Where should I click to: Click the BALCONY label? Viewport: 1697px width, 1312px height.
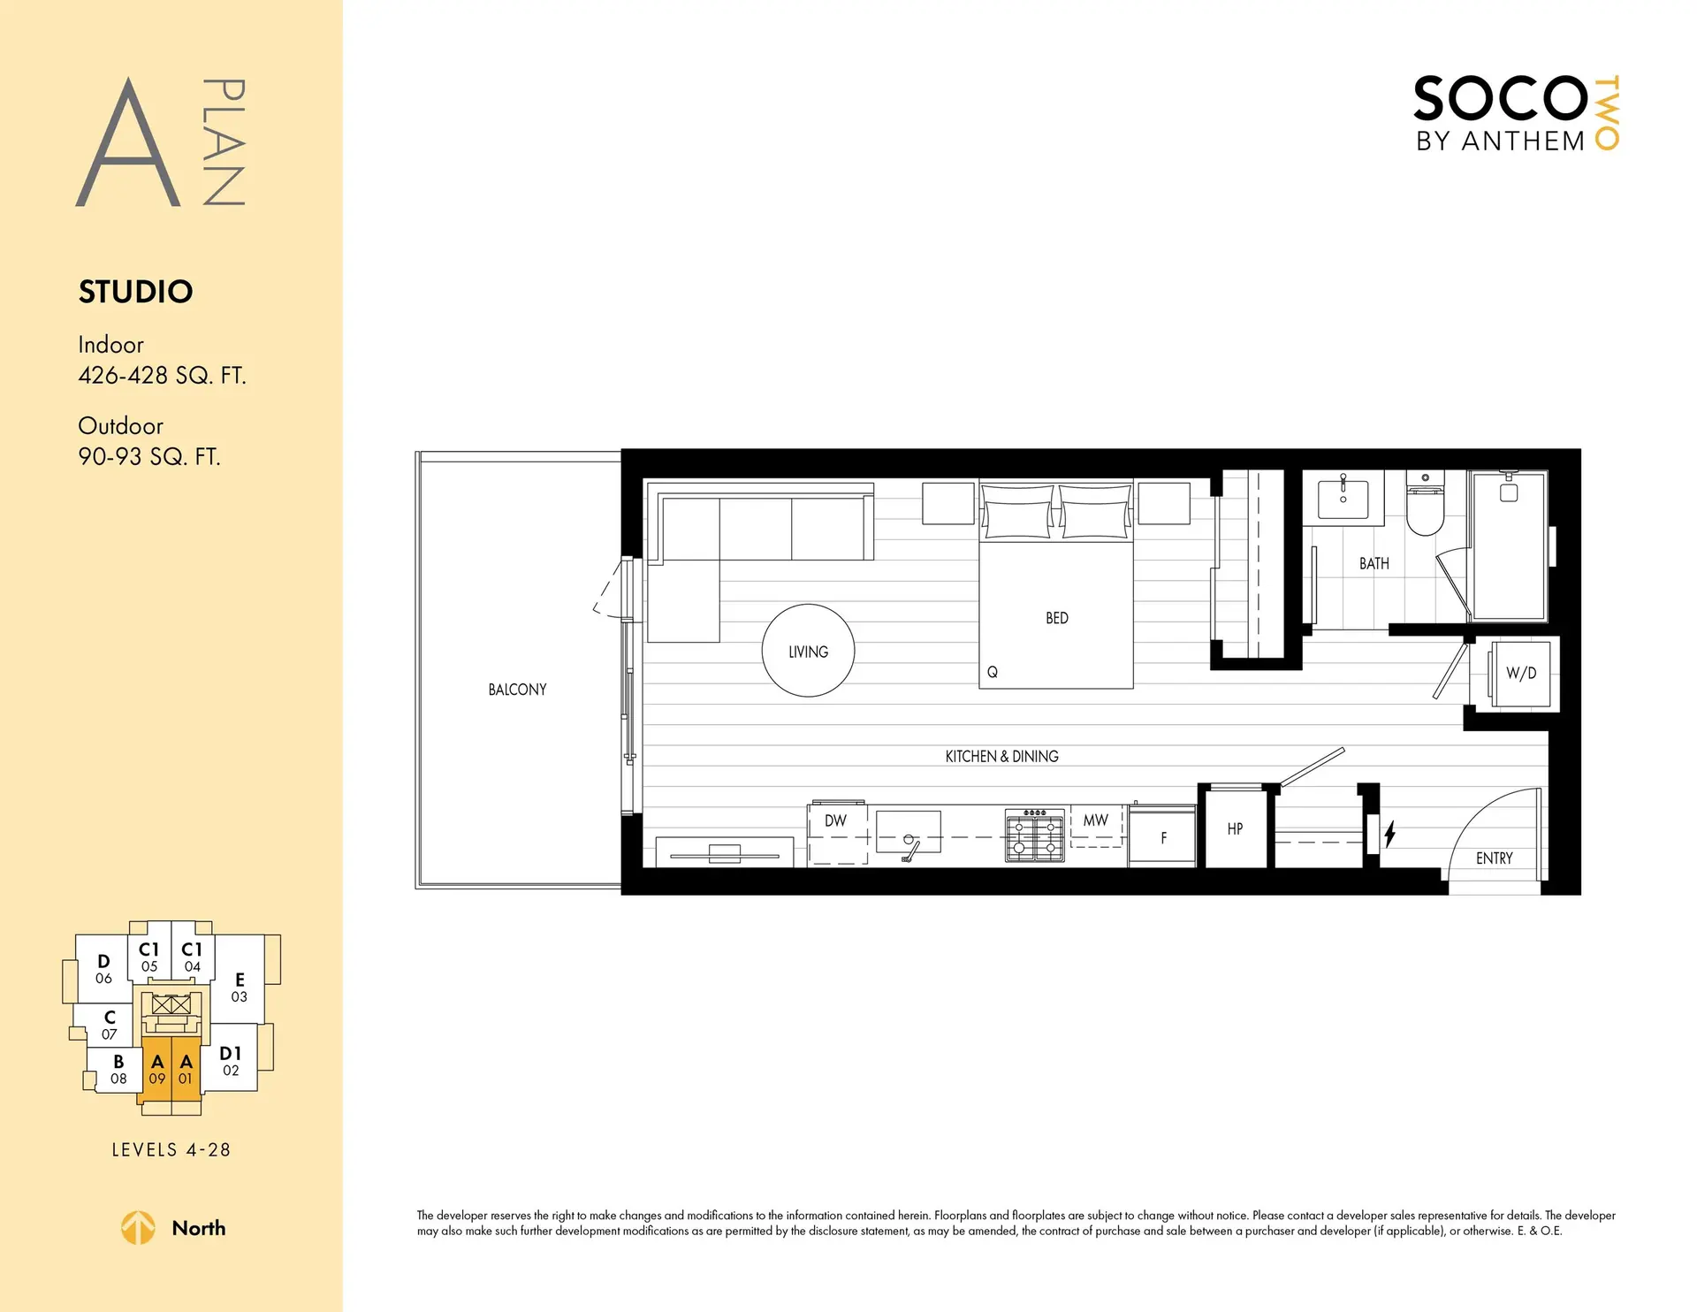[x=517, y=690]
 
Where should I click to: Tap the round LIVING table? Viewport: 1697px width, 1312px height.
[x=808, y=651]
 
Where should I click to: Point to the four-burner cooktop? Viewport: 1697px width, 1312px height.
[x=1034, y=835]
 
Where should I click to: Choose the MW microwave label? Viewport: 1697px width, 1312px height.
[x=1095, y=821]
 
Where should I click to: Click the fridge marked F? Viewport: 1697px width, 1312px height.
[x=1162, y=837]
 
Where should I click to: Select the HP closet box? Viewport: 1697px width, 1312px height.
[x=1235, y=829]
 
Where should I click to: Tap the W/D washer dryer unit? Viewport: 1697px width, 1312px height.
[x=1521, y=674]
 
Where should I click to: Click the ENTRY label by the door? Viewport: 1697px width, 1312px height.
[x=1494, y=858]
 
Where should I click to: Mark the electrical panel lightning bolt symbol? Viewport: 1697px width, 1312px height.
[x=1389, y=834]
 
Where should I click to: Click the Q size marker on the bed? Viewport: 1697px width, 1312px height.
[x=992, y=673]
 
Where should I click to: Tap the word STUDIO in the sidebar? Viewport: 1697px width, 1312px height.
[x=135, y=292]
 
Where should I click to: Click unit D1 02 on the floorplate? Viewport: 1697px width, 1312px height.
[x=231, y=1061]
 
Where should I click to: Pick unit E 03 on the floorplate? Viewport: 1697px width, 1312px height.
[x=240, y=987]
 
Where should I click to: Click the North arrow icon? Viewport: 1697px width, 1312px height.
[x=138, y=1228]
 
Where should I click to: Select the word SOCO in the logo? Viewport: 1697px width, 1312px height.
[x=1500, y=99]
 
